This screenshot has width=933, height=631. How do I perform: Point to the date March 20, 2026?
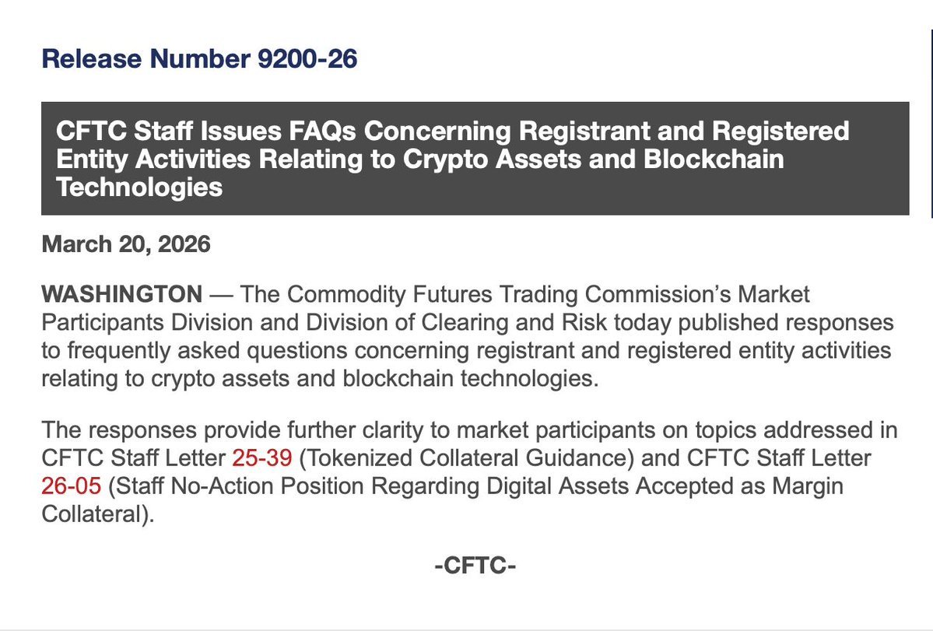tap(126, 244)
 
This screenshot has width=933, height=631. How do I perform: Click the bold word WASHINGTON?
tap(121, 295)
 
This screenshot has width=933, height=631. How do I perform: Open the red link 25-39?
tap(261, 458)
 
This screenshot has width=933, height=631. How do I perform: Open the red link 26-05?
tap(71, 486)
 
